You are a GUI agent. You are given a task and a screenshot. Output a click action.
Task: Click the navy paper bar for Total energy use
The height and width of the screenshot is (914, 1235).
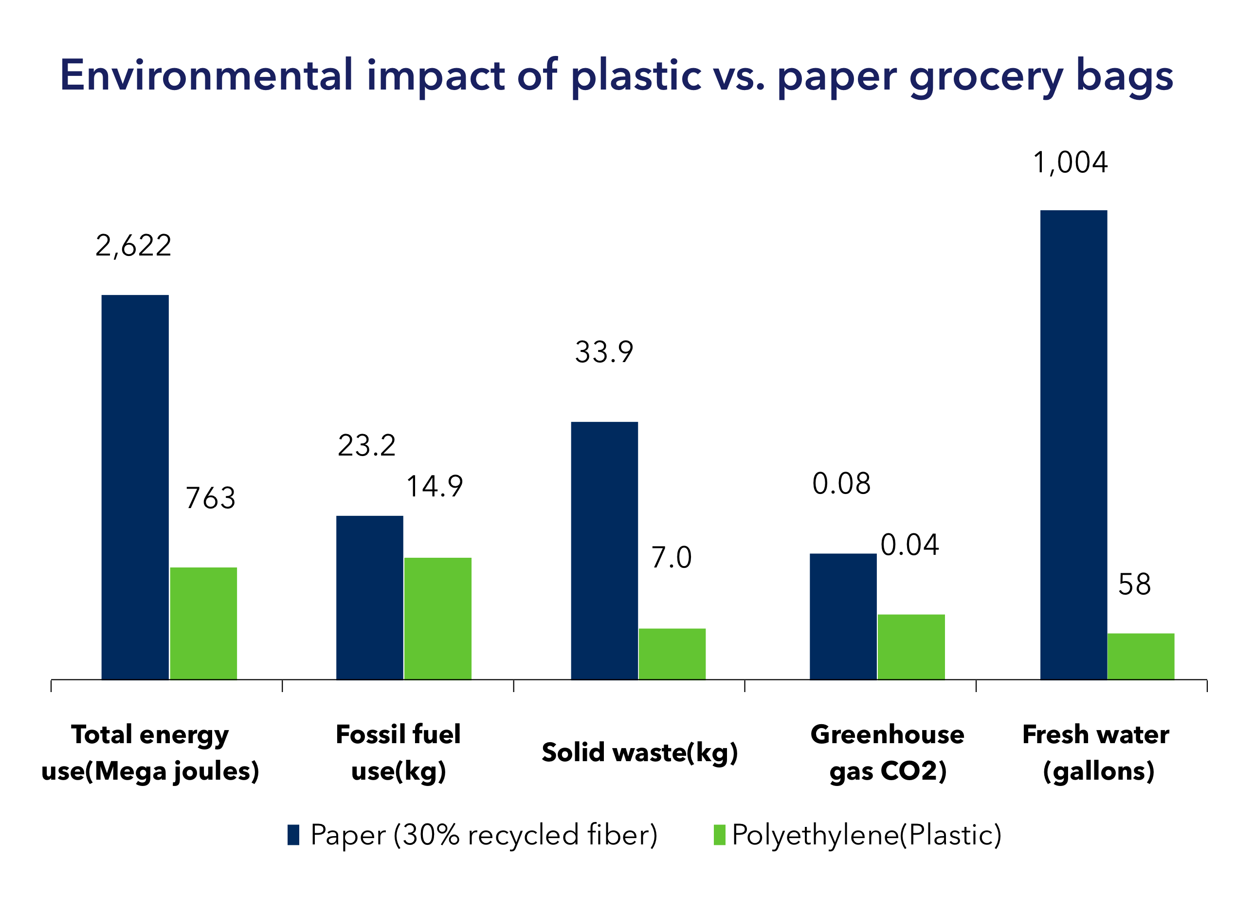pyautogui.click(x=135, y=487)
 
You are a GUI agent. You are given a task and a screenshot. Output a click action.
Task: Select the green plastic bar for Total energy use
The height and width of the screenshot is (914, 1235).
pyautogui.click(x=203, y=623)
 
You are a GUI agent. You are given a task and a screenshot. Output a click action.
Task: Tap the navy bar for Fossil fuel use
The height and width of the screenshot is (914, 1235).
pyautogui.click(x=369, y=598)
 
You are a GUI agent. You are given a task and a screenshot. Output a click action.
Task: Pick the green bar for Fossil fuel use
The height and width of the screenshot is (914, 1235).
pyautogui.click(x=438, y=619)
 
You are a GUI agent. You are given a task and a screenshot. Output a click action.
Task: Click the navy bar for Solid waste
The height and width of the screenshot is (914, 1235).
pyautogui.click(x=604, y=550)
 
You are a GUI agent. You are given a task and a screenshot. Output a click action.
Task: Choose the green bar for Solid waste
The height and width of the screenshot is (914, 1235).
pyautogui.click(x=672, y=654)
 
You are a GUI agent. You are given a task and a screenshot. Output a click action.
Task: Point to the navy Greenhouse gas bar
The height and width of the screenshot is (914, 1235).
pyautogui.click(x=843, y=616)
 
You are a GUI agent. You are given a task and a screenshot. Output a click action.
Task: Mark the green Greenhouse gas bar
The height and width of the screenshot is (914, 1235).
pyautogui.click(x=911, y=647)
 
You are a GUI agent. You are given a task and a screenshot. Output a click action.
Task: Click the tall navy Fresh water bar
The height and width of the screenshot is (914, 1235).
pyautogui.click(x=1074, y=445)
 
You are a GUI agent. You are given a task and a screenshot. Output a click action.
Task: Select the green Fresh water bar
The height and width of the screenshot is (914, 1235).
pyautogui.click(x=1141, y=656)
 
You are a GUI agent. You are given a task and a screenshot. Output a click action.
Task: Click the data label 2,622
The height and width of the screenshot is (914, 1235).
pyautogui.click(x=133, y=246)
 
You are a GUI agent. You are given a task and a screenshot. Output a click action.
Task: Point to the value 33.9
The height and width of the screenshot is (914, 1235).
pyautogui.click(x=604, y=352)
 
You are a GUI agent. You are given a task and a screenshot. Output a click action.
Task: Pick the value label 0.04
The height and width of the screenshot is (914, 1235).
pyautogui.click(x=910, y=545)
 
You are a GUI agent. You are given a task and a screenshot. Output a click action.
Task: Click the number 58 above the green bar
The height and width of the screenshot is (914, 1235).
pyautogui.click(x=1135, y=584)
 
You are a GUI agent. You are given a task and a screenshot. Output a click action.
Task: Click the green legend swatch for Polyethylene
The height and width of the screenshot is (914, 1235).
pyautogui.click(x=720, y=835)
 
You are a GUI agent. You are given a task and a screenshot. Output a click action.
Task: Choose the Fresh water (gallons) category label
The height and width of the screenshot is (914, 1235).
pyautogui.click(x=1096, y=753)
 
